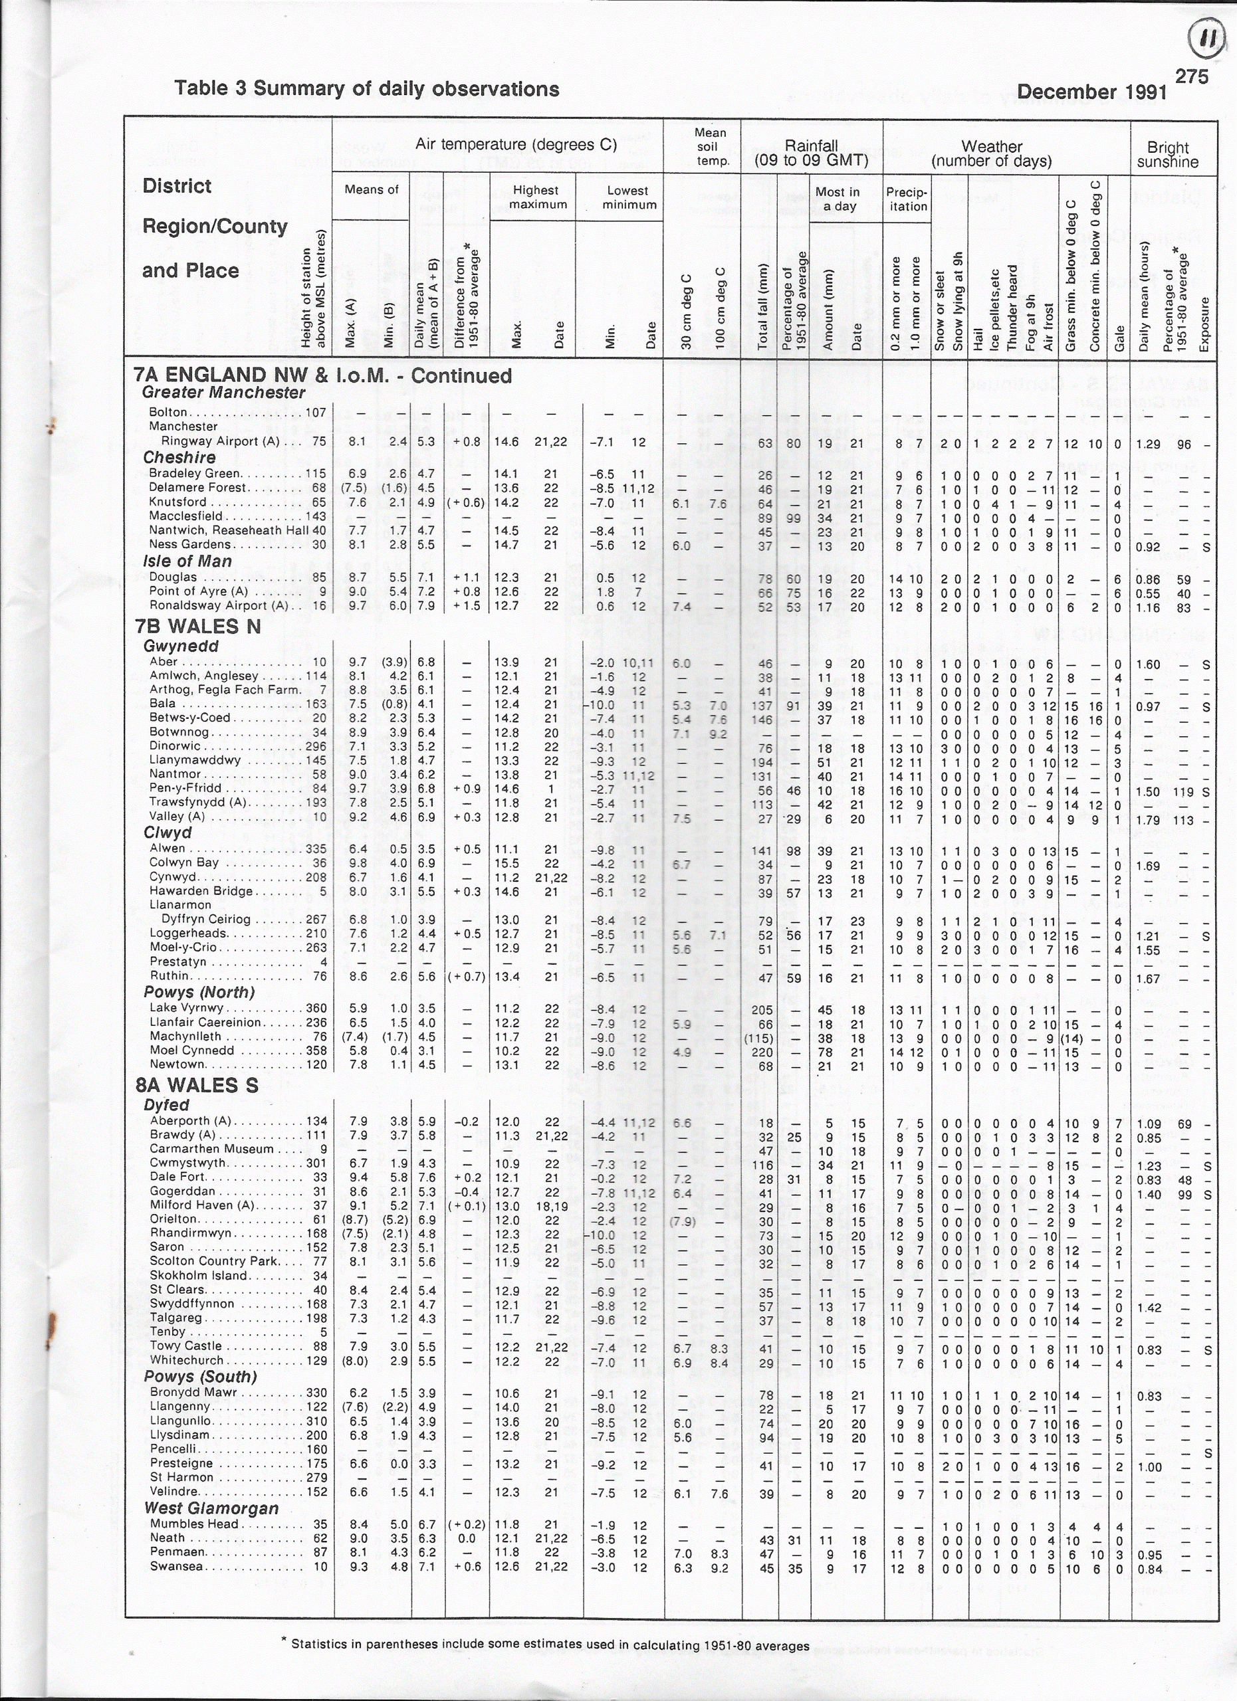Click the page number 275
click(x=1191, y=77)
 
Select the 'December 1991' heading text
click(x=1091, y=92)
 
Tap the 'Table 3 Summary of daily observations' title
click(x=367, y=89)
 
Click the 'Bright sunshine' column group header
click(x=1167, y=155)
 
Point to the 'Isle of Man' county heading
click(x=187, y=561)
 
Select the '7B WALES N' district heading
click(x=198, y=627)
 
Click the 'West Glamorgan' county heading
click(x=211, y=1508)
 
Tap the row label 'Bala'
click(x=162, y=704)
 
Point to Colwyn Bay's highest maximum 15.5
click(x=507, y=863)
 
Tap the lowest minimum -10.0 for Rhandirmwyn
click(x=603, y=1235)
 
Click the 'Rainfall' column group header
click(x=811, y=153)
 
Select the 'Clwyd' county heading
click(x=168, y=833)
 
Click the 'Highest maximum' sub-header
click(x=536, y=197)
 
